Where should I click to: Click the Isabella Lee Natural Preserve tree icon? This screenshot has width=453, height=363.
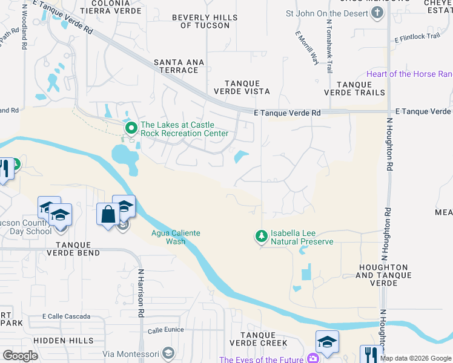(262, 237)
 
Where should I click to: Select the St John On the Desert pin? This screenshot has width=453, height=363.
(378, 13)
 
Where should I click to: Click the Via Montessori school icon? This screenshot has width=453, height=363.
(168, 353)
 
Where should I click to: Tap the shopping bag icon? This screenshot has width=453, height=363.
(108, 214)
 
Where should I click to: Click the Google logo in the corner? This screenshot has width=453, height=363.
(20, 356)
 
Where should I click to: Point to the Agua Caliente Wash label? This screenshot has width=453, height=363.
(176, 237)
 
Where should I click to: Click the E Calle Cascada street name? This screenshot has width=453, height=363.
(66, 316)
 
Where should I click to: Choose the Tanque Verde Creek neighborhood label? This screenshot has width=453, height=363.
(263, 339)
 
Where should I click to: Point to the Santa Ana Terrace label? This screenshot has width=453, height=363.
(176, 66)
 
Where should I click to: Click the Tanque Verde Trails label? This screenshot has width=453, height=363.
(354, 88)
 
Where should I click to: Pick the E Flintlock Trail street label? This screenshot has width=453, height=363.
(417, 37)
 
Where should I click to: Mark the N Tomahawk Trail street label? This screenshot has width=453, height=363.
(329, 45)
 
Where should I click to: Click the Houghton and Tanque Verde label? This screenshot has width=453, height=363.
(383, 271)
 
